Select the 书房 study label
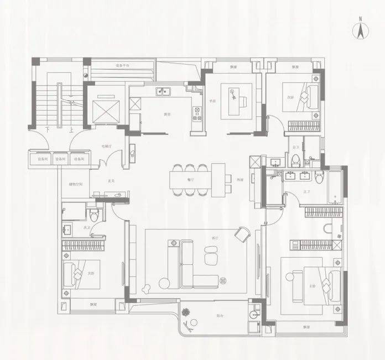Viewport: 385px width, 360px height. pos(212,101)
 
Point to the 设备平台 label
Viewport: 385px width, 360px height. pos(122,66)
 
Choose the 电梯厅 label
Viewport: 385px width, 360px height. pos(107,146)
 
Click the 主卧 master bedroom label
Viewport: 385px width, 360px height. pos(312,286)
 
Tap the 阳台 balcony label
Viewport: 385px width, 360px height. pos(220,316)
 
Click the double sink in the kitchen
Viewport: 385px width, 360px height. pos(164,92)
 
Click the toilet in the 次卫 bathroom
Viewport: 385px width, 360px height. pos(95,215)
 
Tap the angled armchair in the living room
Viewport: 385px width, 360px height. pos(242,234)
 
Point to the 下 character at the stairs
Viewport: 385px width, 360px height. pos(48,131)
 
